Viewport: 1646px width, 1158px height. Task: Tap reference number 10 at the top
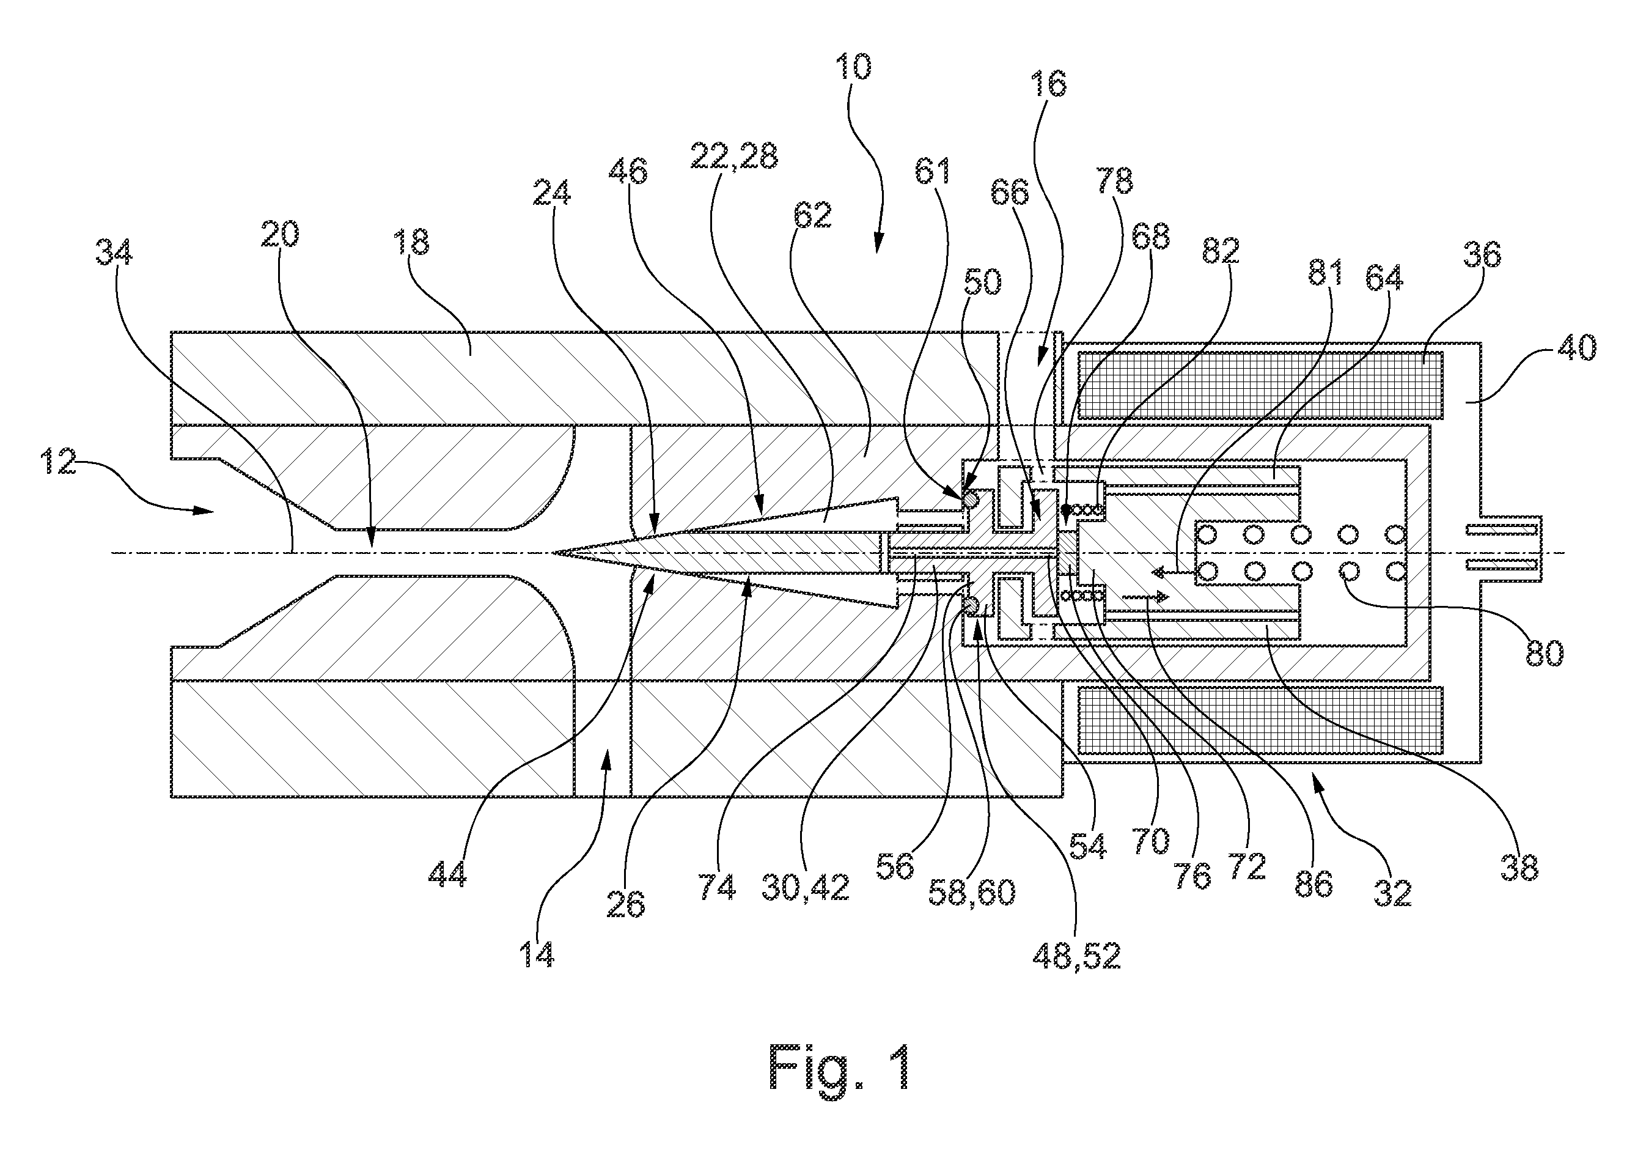point(853,67)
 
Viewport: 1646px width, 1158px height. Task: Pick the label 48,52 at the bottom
point(1076,954)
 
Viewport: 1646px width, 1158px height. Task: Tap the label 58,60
point(972,893)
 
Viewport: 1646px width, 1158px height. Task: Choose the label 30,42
point(806,888)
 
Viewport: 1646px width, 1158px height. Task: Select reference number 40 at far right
point(1577,349)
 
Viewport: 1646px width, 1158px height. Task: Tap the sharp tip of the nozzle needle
point(553,552)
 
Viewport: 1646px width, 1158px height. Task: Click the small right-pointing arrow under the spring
point(1145,597)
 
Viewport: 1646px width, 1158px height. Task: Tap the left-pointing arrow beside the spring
point(1170,572)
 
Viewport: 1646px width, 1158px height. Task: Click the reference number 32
point(1392,893)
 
